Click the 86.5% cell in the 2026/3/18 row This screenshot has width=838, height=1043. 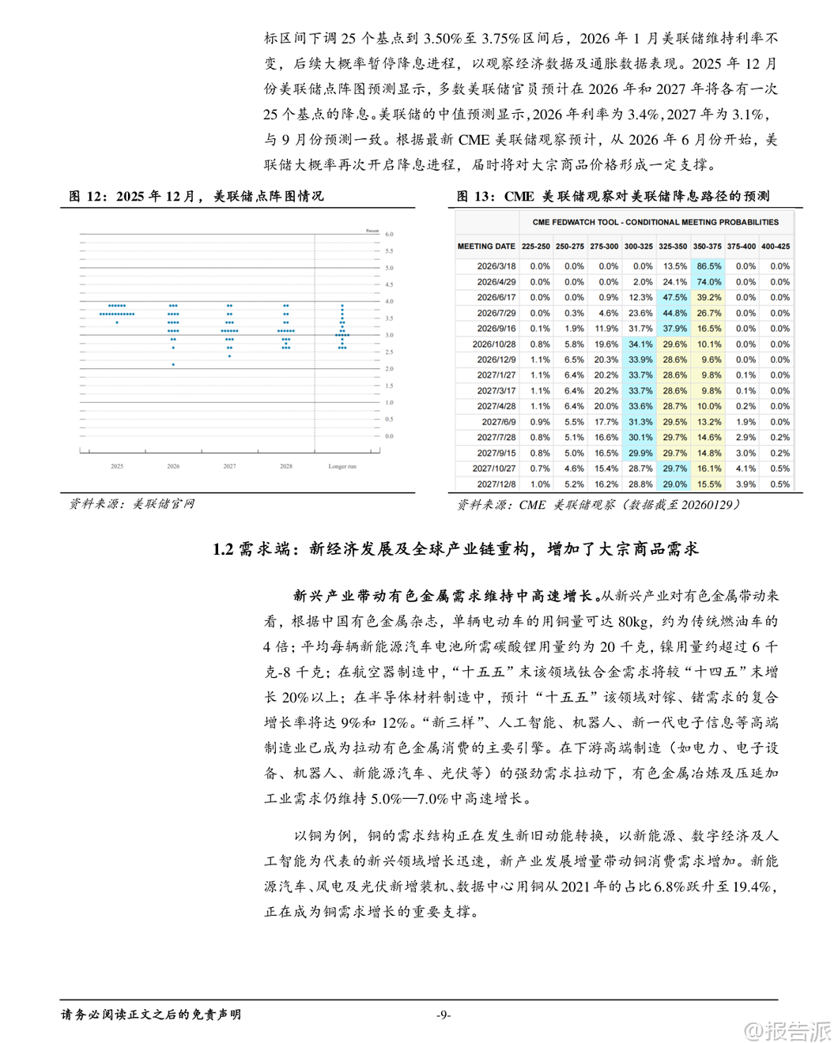point(708,266)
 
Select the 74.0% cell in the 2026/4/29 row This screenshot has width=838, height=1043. point(708,282)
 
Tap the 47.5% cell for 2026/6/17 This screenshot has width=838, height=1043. point(674,298)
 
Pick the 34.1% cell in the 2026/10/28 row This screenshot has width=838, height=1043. point(640,345)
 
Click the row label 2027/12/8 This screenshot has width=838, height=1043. point(496,484)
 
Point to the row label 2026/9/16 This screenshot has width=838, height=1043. point(496,329)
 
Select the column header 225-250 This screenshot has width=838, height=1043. point(535,247)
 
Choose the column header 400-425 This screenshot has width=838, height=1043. point(776,247)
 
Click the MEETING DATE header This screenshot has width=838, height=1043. point(486,247)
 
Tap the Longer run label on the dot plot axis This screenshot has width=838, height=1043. point(342,467)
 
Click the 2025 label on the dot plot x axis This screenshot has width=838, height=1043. point(117,467)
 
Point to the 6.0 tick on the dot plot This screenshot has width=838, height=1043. point(389,235)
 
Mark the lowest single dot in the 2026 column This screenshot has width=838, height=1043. point(173,364)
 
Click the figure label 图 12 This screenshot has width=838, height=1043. point(85,196)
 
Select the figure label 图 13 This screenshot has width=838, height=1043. point(475,196)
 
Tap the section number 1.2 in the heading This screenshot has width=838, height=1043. point(223,549)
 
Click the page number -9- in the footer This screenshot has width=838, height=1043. point(444,1015)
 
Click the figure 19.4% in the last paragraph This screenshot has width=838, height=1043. point(750,887)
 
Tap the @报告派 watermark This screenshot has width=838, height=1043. point(788,1030)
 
